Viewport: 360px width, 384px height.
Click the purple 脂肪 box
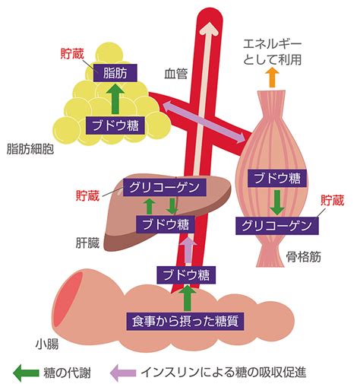(x=115, y=73)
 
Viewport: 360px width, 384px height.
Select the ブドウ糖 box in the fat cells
(x=115, y=125)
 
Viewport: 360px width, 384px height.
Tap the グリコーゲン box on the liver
(x=164, y=187)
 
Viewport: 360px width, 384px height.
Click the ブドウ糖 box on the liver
(x=166, y=224)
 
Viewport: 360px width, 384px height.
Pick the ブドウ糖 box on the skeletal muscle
(x=277, y=178)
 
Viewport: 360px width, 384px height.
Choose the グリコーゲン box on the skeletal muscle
(x=277, y=226)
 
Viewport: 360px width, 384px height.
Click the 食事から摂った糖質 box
(x=185, y=322)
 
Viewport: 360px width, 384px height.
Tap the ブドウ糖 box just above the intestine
(x=186, y=275)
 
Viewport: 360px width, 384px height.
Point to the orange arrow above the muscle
(x=272, y=78)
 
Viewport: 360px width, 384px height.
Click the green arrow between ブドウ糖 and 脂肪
(x=115, y=99)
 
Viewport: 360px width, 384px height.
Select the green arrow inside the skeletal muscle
(x=277, y=202)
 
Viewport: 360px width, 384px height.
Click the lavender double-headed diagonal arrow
(x=204, y=122)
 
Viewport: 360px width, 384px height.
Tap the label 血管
(x=175, y=74)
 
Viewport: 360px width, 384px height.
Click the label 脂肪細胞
(x=30, y=149)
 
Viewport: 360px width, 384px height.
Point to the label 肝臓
(x=87, y=243)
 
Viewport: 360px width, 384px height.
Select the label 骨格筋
(x=304, y=257)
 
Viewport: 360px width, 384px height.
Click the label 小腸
(x=47, y=344)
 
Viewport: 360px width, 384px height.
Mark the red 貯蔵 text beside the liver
(x=87, y=195)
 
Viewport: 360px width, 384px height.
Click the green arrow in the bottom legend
(x=26, y=373)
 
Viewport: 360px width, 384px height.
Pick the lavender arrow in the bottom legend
(x=123, y=373)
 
